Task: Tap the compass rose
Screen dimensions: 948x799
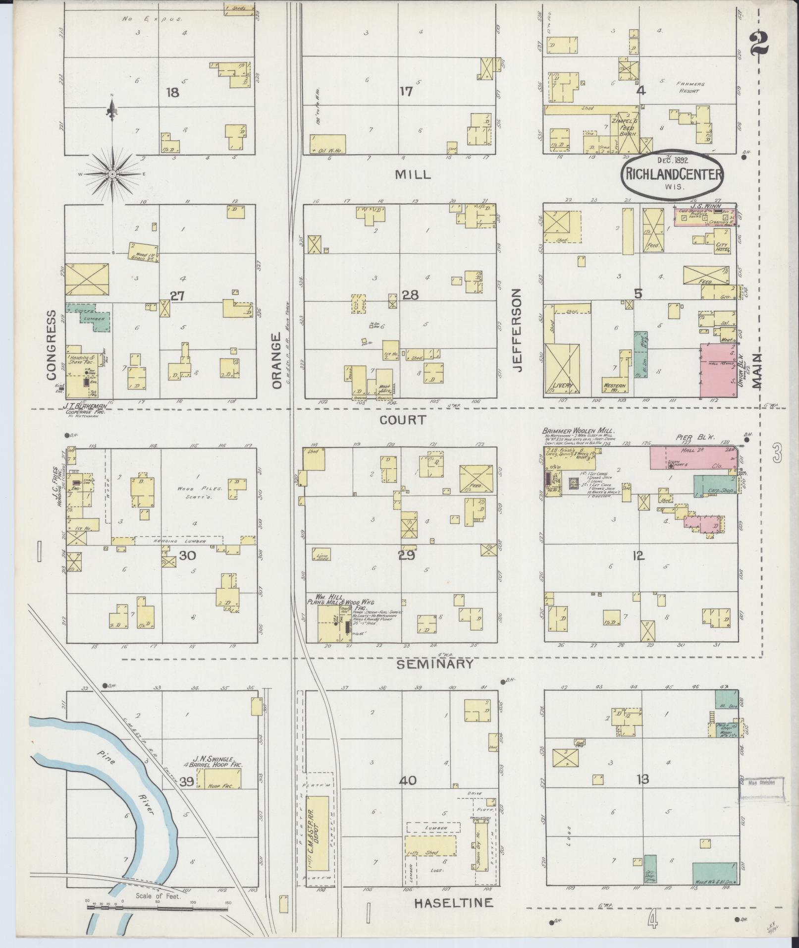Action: point(112,174)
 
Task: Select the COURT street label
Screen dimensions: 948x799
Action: point(402,420)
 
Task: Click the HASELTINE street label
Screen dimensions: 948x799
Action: point(454,903)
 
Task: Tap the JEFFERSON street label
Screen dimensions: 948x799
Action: point(518,331)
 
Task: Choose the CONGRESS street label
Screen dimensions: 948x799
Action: point(52,345)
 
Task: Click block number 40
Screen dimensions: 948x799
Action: point(409,781)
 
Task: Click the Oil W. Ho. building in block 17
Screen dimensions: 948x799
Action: point(327,144)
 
